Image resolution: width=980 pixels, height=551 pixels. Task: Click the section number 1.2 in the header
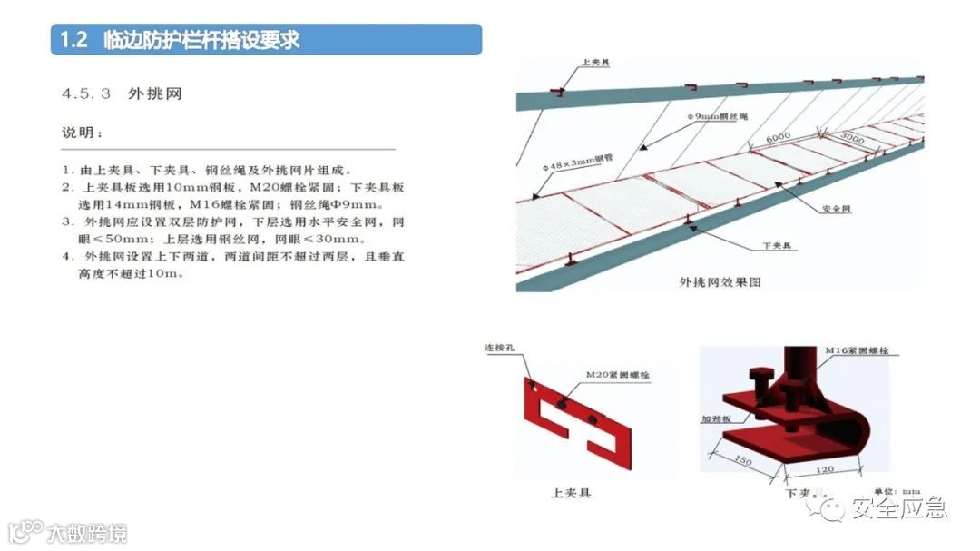(x=73, y=41)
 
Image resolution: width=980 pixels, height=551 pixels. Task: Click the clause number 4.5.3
(x=86, y=93)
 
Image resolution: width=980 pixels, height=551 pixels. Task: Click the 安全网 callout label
(x=836, y=209)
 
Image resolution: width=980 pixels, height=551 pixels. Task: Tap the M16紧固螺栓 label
(x=861, y=349)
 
